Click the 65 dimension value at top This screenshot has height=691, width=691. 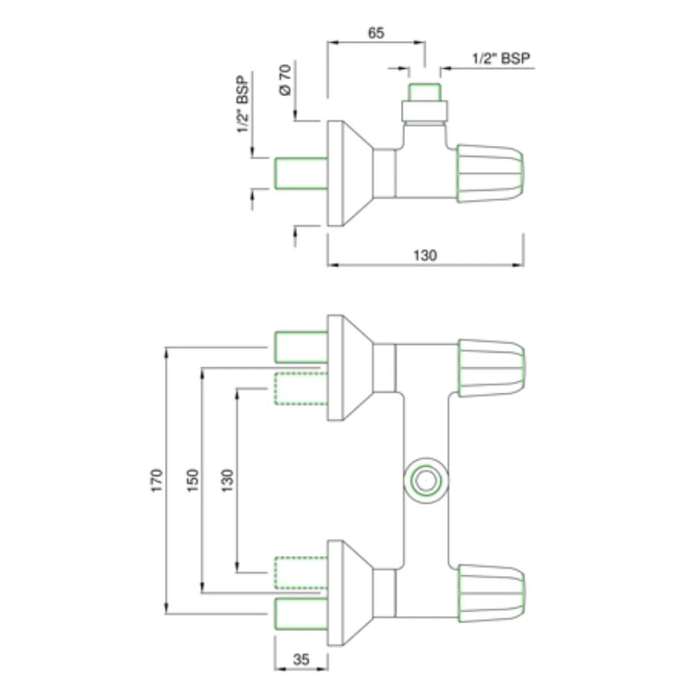(376, 32)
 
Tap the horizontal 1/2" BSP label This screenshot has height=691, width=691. (501, 58)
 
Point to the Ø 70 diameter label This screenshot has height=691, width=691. (285, 80)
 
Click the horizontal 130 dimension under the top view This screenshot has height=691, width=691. (425, 255)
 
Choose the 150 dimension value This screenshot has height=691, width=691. (193, 480)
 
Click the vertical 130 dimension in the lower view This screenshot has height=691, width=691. (228, 480)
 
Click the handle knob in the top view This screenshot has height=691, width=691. (491, 173)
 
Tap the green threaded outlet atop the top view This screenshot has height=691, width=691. (424, 91)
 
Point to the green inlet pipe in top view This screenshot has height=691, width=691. (301, 173)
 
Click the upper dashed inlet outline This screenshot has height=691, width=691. (301, 388)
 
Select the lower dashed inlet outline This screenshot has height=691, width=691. (301, 573)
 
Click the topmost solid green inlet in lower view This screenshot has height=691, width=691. (301, 346)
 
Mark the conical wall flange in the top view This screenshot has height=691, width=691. (349, 173)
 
